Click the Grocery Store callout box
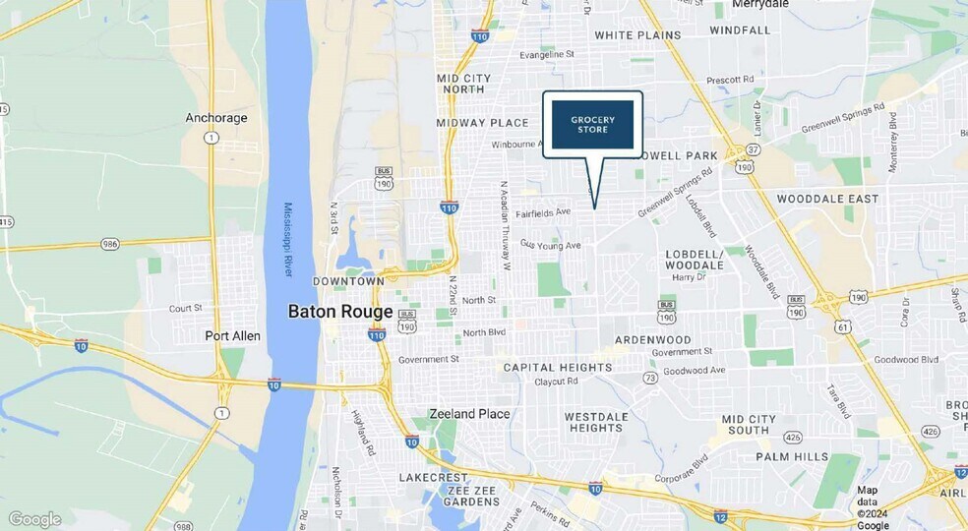tap(592, 124)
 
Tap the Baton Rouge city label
tap(340, 312)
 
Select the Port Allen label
tap(233, 336)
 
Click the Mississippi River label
tap(289, 239)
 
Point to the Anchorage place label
tap(216, 118)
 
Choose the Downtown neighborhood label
tap(347, 281)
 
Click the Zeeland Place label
tap(469, 414)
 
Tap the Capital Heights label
tap(557, 368)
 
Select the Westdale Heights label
tap(594, 422)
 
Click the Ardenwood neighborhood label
tap(652, 340)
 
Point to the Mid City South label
tap(758, 425)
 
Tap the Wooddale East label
tap(827, 199)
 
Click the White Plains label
tap(637, 35)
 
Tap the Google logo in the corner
tap(34, 519)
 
